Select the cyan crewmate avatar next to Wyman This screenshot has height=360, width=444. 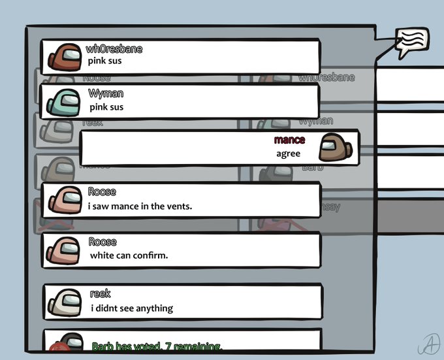coord(62,101)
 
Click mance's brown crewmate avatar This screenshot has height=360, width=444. coord(335,148)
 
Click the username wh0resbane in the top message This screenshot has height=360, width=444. coord(114,50)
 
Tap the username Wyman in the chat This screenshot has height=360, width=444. coord(106,93)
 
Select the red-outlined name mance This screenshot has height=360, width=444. coord(289,140)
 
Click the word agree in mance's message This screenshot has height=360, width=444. coord(288,154)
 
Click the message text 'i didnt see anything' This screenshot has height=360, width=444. coord(131,308)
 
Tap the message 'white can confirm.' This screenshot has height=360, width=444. coord(129,255)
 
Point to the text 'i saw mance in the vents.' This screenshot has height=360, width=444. coord(140,206)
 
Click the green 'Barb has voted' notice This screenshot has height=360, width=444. coord(157,346)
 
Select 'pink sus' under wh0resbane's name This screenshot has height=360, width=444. coord(105,62)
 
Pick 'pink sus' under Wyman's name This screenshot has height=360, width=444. coord(106,107)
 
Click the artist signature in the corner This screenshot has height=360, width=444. coord(428,343)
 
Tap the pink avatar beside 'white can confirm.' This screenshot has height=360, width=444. coord(63,249)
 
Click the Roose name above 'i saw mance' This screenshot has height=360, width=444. coord(102,192)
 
